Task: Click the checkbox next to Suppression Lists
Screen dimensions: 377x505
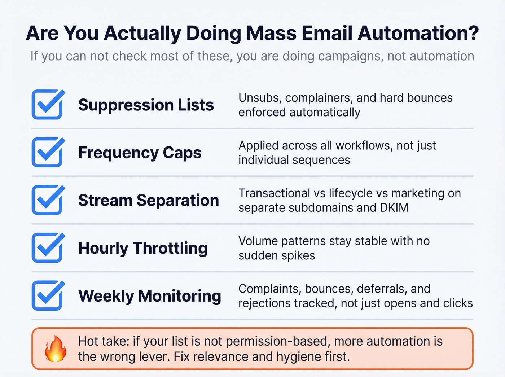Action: (47, 105)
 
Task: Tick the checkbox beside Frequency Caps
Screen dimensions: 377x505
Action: (47, 153)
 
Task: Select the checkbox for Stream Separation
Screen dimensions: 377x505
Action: (47, 200)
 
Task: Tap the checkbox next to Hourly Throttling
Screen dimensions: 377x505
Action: (47, 248)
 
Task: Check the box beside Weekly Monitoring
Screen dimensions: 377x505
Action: (47, 296)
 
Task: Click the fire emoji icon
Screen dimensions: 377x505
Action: (56, 348)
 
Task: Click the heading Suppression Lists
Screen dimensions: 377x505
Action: (146, 105)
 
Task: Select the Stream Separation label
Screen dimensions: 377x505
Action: (148, 200)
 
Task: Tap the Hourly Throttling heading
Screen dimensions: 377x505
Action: (143, 248)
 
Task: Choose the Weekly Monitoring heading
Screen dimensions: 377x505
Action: (149, 296)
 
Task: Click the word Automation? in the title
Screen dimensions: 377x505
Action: (418, 33)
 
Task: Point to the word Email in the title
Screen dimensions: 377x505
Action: (327, 33)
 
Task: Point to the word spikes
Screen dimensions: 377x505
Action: (299, 255)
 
